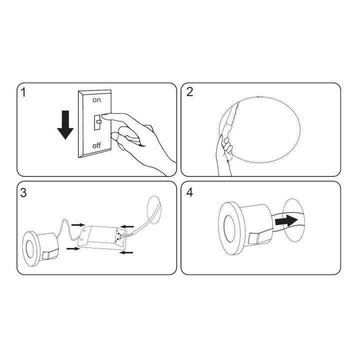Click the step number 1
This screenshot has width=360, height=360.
23,92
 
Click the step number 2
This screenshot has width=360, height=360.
190,92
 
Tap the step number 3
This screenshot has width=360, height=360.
23,193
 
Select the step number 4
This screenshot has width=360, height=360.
190,192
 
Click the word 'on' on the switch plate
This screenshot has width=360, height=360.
96,100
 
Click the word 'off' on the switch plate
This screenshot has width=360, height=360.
96,145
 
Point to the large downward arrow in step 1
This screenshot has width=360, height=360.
65,125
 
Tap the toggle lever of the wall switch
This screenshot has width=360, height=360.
99,121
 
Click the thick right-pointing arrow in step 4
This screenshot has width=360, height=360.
286,221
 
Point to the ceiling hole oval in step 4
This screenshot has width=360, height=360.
294,219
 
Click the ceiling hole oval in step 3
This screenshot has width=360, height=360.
154,209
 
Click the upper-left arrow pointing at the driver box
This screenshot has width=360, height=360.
78,225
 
